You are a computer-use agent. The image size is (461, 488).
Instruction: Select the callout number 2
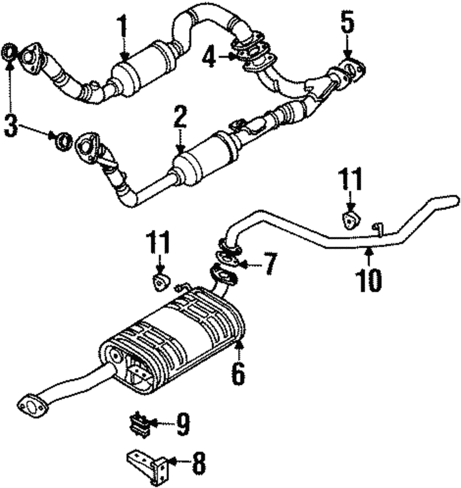click(180, 118)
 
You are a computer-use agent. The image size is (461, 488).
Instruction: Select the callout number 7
click(270, 264)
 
